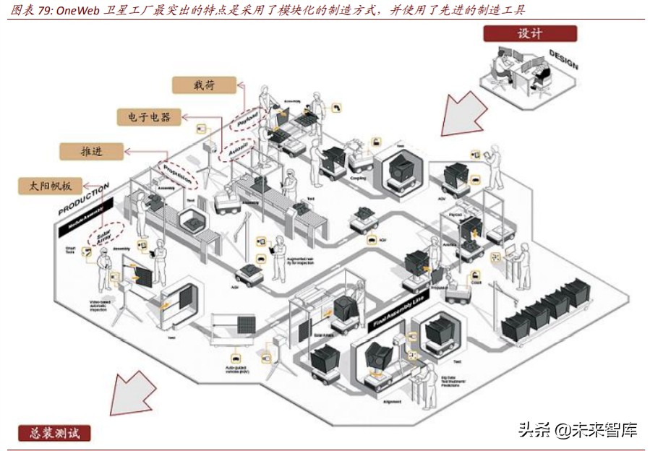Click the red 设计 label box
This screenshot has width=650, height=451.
(x=530, y=34)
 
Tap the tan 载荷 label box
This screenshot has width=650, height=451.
(x=204, y=85)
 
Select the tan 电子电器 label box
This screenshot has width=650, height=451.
(x=149, y=116)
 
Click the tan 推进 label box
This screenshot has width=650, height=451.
(x=91, y=151)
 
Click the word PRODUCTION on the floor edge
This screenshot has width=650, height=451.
(x=83, y=199)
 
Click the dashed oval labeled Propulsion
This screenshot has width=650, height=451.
(x=176, y=173)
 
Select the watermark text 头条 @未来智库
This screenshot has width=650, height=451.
(x=577, y=430)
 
